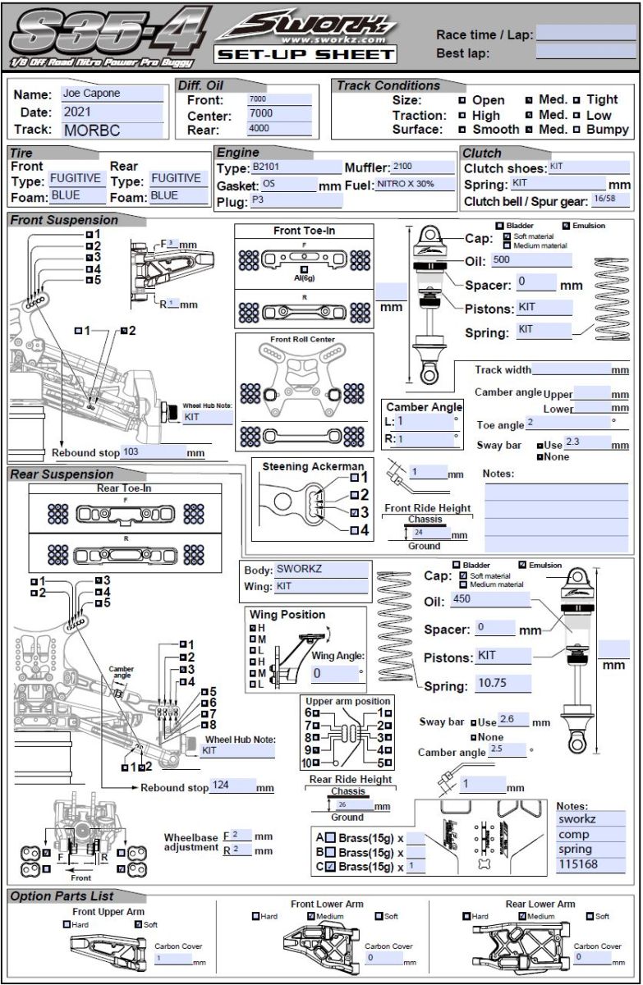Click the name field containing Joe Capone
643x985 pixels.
point(111,94)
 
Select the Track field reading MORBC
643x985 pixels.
point(111,129)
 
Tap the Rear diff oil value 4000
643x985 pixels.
point(278,129)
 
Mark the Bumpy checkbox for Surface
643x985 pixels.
point(577,130)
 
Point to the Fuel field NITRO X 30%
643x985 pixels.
point(415,185)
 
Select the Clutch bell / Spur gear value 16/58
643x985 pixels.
point(605,199)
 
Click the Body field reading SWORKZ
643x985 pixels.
point(321,569)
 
